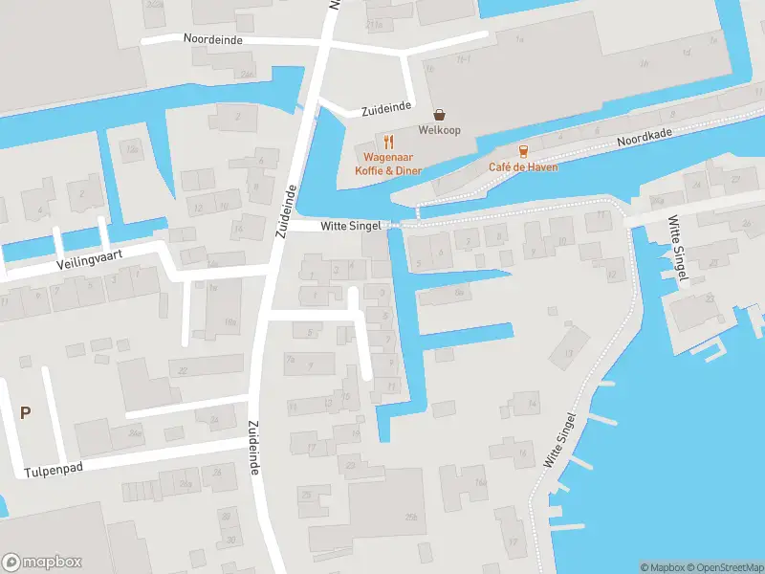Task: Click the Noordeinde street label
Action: click(212, 39)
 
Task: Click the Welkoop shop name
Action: click(439, 130)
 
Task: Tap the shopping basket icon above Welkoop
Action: click(439, 114)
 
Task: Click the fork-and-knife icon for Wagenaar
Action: click(389, 142)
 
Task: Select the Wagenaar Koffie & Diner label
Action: click(392, 164)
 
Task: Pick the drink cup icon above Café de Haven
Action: click(522, 151)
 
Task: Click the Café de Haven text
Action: click(522, 167)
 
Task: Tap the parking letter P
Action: click(26, 413)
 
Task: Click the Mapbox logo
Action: click(41, 563)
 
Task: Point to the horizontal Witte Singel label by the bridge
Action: click(350, 226)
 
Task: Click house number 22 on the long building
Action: click(183, 370)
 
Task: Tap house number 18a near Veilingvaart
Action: click(230, 323)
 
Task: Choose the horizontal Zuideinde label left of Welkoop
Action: click(386, 110)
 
